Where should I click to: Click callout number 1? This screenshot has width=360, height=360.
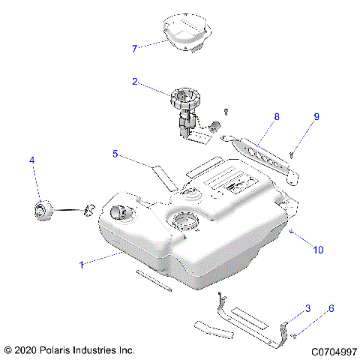tap(82, 263)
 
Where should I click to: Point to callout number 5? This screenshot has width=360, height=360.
tap(116, 154)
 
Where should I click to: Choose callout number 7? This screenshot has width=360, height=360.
tap(135, 49)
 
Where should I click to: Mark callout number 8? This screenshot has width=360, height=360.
tap(276, 118)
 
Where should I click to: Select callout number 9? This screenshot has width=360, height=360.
tap(316, 117)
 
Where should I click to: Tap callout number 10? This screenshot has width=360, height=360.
tap(318, 249)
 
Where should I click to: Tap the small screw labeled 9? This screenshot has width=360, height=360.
tap(292, 155)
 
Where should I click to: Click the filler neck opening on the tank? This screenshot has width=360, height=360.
tap(117, 212)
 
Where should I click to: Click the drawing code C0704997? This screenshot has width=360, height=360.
tap(330, 350)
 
